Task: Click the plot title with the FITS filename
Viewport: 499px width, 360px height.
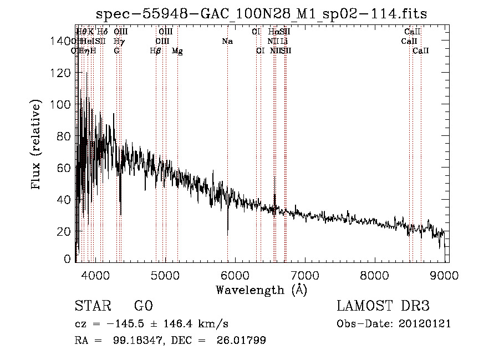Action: coord(261,14)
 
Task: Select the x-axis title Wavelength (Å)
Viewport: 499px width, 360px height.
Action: coord(261,290)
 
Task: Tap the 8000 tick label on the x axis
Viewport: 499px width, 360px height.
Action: coord(375,275)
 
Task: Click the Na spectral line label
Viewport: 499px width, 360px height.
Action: coord(227,42)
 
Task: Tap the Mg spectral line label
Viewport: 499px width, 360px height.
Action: coord(177,51)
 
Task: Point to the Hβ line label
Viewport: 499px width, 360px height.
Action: coord(156,51)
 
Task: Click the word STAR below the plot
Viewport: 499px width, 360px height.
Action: coord(92,306)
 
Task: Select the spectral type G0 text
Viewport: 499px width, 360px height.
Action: coord(143,306)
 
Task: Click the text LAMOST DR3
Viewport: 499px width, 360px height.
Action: coord(383,306)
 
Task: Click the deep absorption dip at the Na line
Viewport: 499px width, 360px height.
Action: coord(227,232)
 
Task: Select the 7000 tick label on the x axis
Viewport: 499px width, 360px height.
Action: coord(305,275)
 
